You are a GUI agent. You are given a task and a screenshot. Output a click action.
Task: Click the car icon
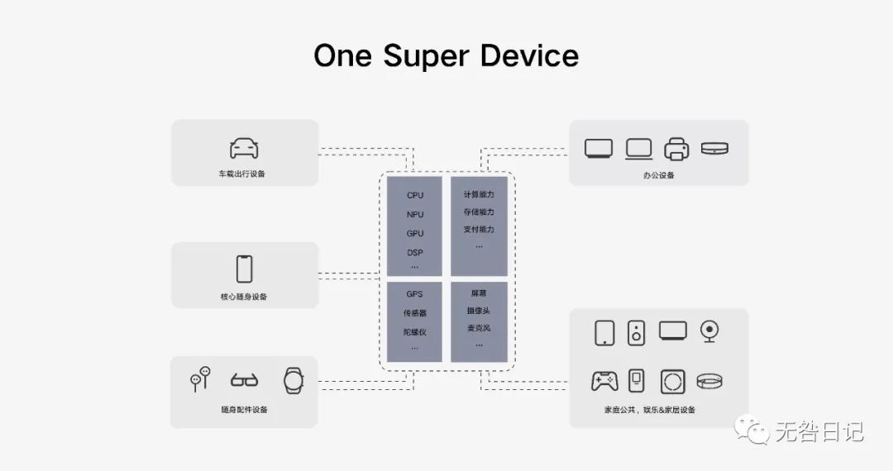(x=244, y=149)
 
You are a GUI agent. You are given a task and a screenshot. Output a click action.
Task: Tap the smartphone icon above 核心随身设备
(x=244, y=269)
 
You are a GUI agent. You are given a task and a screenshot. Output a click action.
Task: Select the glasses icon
(x=244, y=381)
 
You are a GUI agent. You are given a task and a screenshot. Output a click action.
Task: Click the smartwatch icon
(x=294, y=380)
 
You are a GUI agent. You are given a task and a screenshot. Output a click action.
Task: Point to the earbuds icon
(x=200, y=378)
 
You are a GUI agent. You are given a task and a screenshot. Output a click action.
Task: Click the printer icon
(x=676, y=149)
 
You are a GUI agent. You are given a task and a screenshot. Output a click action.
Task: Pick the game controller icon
(x=604, y=381)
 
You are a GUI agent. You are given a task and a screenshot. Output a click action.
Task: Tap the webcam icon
(x=709, y=331)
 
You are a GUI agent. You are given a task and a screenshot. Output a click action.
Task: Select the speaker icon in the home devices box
(x=636, y=332)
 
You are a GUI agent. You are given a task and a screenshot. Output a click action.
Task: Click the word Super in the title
(x=447, y=56)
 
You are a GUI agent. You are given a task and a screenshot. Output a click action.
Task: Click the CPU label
(x=415, y=196)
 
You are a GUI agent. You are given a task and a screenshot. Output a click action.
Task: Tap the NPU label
(x=415, y=215)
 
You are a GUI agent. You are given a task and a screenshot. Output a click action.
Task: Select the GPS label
(x=414, y=294)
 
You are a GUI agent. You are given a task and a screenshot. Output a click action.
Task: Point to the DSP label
(x=415, y=253)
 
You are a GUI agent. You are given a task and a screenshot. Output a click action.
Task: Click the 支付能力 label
(x=479, y=230)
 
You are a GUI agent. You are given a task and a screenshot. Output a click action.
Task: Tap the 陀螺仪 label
(x=415, y=332)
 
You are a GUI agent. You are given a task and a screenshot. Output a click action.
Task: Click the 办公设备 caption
(x=659, y=175)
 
